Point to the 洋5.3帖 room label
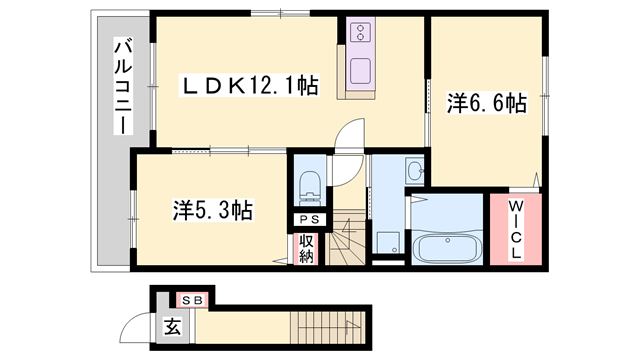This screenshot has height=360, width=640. (x=211, y=210)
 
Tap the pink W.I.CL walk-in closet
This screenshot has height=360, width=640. (x=515, y=230)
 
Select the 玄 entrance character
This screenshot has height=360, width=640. (x=172, y=324)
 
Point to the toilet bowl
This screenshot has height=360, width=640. (x=309, y=186)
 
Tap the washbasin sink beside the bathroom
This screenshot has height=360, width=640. (x=414, y=173)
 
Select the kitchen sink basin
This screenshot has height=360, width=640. (x=360, y=72)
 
